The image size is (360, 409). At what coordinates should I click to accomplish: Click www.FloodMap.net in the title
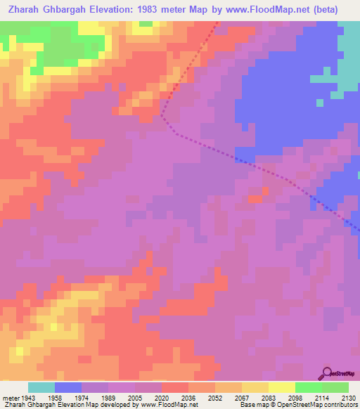(x=266, y=10)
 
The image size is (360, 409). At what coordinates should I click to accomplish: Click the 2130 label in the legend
(x=347, y=397)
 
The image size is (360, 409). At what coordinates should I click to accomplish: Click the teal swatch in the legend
(x=41, y=387)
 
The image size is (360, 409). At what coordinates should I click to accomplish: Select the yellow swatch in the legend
(x=282, y=387)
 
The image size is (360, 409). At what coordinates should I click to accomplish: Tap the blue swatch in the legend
(x=68, y=387)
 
